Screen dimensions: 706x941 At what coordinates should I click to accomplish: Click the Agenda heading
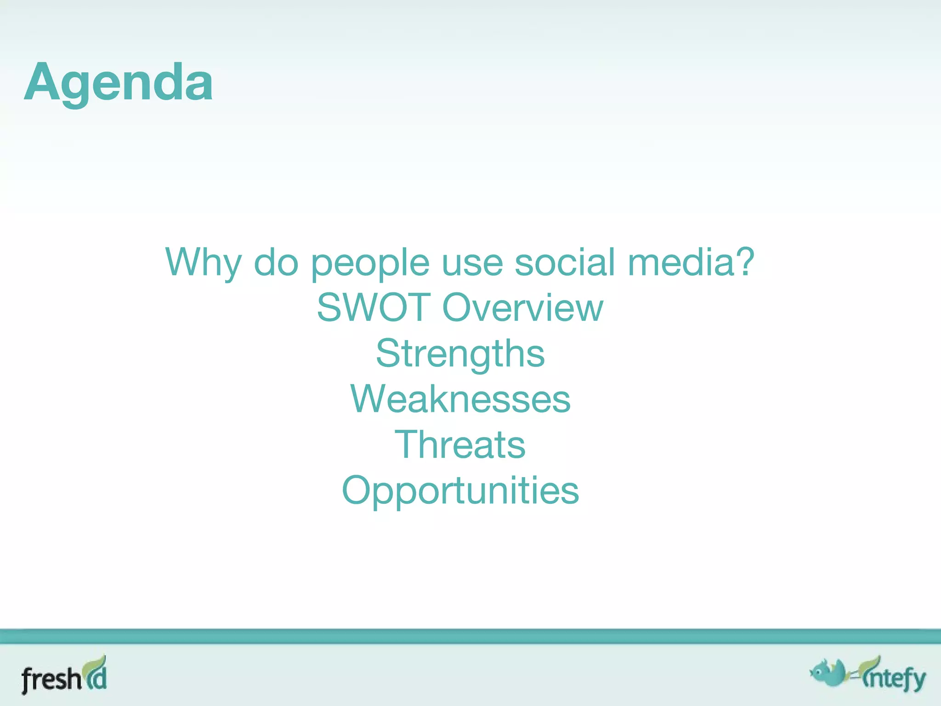119,83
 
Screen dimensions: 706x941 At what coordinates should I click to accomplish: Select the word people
370,263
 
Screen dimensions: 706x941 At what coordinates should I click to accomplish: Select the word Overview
522,307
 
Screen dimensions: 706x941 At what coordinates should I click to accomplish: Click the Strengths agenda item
460,354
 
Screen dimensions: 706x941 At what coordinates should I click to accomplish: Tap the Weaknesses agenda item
460,399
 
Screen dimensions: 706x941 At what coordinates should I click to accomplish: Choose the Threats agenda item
460,444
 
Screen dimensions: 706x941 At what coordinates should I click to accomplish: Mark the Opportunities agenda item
460,491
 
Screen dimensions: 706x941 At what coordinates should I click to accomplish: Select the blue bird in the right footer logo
830,674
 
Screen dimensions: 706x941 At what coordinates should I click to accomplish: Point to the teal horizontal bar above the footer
470,637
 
